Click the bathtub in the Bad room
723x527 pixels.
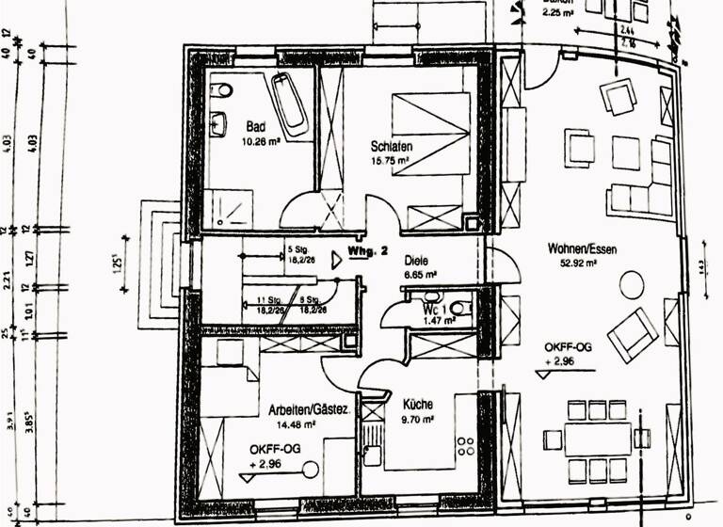click(288, 104)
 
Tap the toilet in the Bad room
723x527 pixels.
click(221, 90)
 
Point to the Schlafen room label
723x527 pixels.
click(392, 147)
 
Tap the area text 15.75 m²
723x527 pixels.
click(389, 161)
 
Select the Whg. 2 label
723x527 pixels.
click(362, 252)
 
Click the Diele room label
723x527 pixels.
click(416, 261)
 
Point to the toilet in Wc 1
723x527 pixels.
click(458, 308)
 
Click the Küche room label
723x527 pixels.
click(416, 404)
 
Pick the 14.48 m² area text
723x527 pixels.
click(296, 424)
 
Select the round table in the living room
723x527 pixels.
click(632, 283)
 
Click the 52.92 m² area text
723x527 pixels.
click(579, 263)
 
